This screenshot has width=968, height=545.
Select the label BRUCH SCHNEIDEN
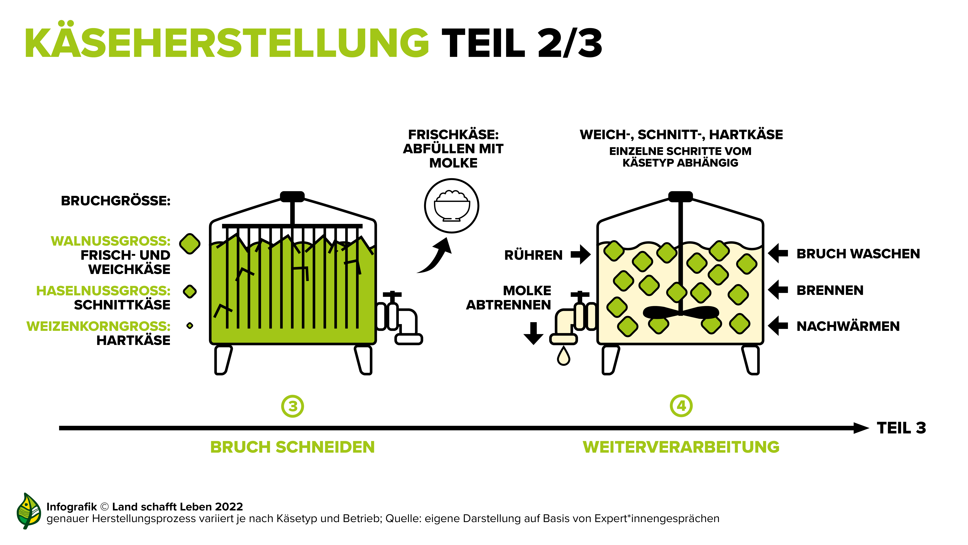(x=292, y=447)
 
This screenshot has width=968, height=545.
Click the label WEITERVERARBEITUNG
(x=681, y=447)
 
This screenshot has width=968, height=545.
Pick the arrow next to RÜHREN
(x=581, y=254)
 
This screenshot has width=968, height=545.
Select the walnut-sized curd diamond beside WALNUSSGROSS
(x=190, y=244)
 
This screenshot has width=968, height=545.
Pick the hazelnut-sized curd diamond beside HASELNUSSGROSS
(x=190, y=291)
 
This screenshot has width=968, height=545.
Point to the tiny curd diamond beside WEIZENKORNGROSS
(x=190, y=325)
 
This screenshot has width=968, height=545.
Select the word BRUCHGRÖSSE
(x=116, y=201)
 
